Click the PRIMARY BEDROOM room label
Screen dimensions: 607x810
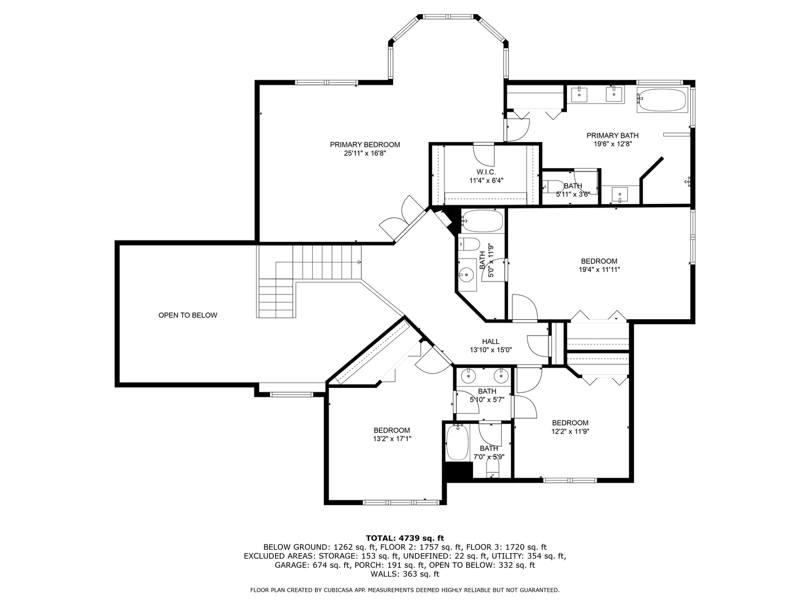pyautogui.click(x=364, y=144)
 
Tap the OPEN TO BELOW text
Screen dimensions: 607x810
pyautogui.click(x=187, y=315)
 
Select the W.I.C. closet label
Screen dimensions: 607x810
pyautogui.click(x=486, y=172)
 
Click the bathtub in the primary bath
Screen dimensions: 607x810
pyautogui.click(x=662, y=100)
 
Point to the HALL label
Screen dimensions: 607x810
pyautogui.click(x=490, y=341)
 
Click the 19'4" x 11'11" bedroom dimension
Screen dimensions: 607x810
pyautogui.click(x=599, y=269)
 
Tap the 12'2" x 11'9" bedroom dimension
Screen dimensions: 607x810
pyautogui.click(x=570, y=432)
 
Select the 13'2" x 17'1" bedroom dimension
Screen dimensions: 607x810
pyautogui.click(x=391, y=439)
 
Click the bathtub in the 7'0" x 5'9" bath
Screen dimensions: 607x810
pyautogui.click(x=457, y=443)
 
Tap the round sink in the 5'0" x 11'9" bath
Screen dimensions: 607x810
pyautogui.click(x=466, y=275)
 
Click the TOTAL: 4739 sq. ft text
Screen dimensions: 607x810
pyautogui.click(x=405, y=538)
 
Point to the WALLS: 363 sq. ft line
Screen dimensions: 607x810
pyautogui.click(x=405, y=574)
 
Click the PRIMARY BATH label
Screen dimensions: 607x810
pyautogui.click(x=612, y=135)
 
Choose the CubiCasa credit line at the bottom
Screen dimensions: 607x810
pyautogui.click(x=405, y=590)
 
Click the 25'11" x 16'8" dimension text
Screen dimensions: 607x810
pyautogui.click(x=364, y=153)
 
